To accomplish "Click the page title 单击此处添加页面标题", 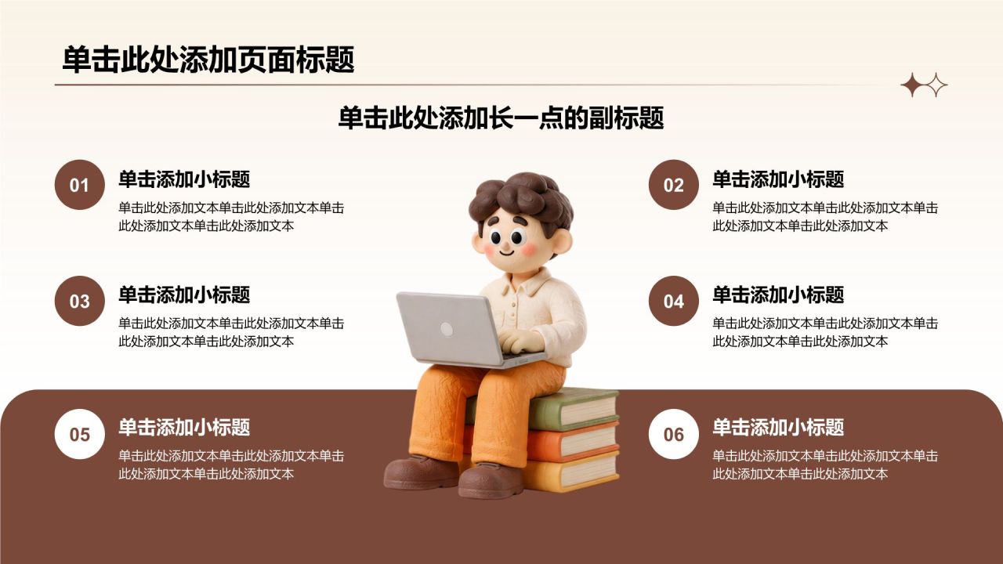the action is [x=208, y=60].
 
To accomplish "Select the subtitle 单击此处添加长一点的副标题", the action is [x=501, y=117].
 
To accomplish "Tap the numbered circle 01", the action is [x=80, y=185].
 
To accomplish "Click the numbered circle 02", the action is [x=673, y=185].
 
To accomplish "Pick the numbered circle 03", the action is [x=80, y=301].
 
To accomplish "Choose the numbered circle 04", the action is [x=673, y=301].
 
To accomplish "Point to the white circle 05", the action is [x=80, y=434].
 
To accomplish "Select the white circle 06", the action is [x=673, y=434].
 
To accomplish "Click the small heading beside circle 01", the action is [x=184, y=179].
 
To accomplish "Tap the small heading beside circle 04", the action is [x=778, y=295].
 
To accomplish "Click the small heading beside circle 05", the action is [x=184, y=427].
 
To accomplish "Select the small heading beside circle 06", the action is [x=778, y=427].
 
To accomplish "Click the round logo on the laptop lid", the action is [x=447, y=329].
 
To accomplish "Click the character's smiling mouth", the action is [x=506, y=252].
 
